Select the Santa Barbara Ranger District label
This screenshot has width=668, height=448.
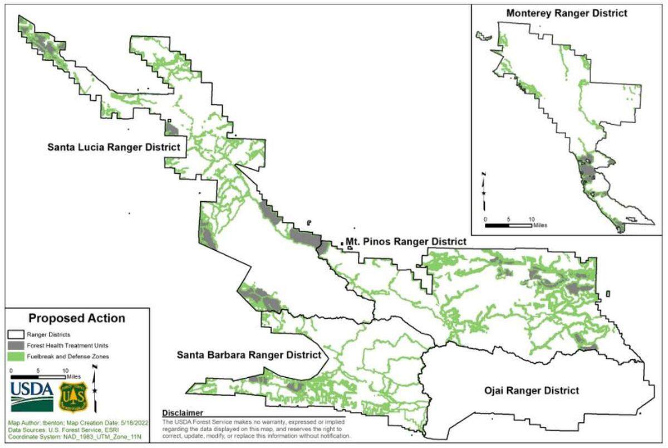(x=249, y=355)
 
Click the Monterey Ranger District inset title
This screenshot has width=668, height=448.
(x=567, y=13)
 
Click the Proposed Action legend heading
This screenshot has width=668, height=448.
(x=77, y=318)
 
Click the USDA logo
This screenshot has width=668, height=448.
(x=32, y=396)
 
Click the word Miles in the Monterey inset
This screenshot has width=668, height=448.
(x=540, y=226)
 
